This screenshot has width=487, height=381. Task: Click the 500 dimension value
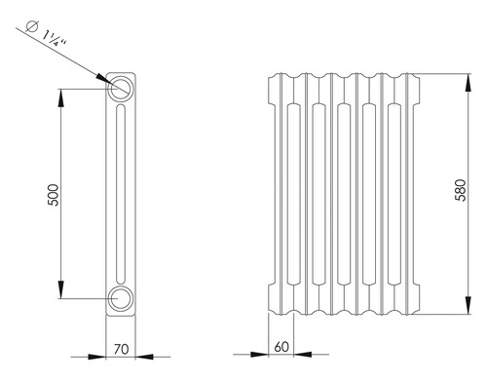[x=54, y=195]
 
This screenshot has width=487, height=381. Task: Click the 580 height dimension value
[x=461, y=190]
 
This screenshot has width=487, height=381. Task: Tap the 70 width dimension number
[x=121, y=349]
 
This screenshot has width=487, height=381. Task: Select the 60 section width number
[x=281, y=347]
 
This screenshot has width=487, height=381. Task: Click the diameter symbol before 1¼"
[x=32, y=26]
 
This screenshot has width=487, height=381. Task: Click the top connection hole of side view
[x=121, y=88]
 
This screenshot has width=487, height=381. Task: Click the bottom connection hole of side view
[x=121, y=298]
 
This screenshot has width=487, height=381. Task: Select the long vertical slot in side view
[x=121, y=194]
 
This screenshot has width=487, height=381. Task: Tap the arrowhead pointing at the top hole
[x=104, y=79]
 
